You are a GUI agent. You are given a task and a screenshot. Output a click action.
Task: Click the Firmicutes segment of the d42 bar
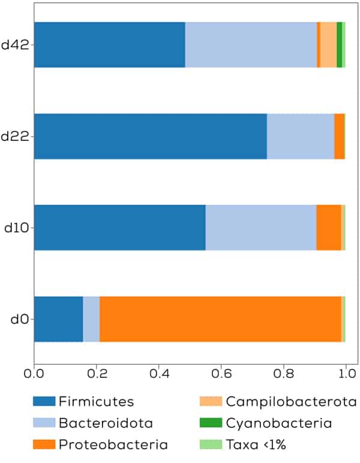(109, 45)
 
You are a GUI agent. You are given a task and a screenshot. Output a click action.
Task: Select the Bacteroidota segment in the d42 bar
(251, 45)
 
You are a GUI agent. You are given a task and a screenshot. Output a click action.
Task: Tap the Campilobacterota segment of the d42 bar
(328, 45)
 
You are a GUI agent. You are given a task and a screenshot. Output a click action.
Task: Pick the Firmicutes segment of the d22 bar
(150, 136)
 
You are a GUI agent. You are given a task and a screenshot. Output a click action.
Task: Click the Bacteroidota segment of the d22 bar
(300, 136)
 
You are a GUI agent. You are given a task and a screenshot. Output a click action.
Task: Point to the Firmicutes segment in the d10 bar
(119, 227)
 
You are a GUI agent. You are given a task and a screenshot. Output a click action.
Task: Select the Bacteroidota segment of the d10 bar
(260, 227)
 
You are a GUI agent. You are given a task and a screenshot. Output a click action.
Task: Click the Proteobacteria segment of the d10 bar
(328, 227)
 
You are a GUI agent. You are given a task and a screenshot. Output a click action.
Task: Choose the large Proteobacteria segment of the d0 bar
(220, 319)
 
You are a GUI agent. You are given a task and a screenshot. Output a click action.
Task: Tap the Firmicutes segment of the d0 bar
(58, 319)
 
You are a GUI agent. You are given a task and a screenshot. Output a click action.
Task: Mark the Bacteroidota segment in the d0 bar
(91, 319)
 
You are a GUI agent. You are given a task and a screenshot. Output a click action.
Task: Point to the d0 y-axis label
(19, 319)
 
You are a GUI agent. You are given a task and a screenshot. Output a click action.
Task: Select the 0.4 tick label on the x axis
(158, 374)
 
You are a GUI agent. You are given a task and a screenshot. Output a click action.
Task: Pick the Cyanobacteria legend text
(278, 423)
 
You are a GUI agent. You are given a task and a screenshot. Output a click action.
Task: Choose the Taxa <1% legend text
(259, 444)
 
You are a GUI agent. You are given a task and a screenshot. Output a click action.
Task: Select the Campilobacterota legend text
(291, 401)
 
